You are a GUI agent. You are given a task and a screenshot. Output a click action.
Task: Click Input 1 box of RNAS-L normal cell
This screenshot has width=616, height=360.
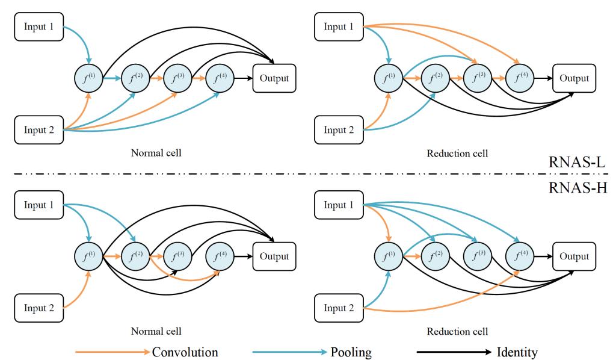tap(38, 26)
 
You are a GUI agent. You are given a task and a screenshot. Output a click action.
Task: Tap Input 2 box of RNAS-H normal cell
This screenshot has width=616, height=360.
tap(38, 308)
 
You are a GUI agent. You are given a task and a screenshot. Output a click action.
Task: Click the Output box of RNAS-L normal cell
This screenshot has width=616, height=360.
tap(274, 78)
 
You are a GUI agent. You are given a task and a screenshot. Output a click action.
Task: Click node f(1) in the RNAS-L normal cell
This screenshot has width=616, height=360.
tap(88, 78)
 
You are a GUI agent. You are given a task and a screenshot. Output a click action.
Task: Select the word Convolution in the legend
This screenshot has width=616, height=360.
tap(185, 352)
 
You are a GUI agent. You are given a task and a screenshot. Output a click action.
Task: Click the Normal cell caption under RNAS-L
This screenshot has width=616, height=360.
tap(156, 153)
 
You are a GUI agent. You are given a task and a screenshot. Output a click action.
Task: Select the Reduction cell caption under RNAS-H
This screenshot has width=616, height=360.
tap(457, 331)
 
